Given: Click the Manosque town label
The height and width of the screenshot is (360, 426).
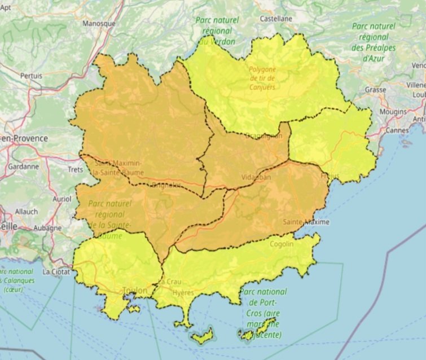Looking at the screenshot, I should (99, 24).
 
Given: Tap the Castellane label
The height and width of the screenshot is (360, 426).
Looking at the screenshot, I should (276, 19).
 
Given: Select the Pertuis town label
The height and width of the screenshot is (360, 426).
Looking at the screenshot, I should (31, 75).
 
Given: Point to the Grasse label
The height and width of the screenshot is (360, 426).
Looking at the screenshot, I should (375, 90).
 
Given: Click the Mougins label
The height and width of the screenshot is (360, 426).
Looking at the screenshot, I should (392, 112).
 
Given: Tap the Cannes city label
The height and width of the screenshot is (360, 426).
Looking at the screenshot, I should (397, 131).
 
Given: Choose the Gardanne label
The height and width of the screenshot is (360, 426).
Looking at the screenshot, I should (24, 166).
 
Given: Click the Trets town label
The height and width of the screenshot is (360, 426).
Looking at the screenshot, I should (75, 169).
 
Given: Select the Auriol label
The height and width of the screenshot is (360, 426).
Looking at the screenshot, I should (61, 199).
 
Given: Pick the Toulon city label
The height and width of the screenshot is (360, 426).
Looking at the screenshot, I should (135, 291).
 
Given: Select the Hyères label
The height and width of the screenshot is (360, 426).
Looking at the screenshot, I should (183, 293).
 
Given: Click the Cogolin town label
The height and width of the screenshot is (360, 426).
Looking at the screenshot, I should (282, 244).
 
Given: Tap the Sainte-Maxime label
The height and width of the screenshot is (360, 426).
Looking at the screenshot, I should (306, 222).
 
